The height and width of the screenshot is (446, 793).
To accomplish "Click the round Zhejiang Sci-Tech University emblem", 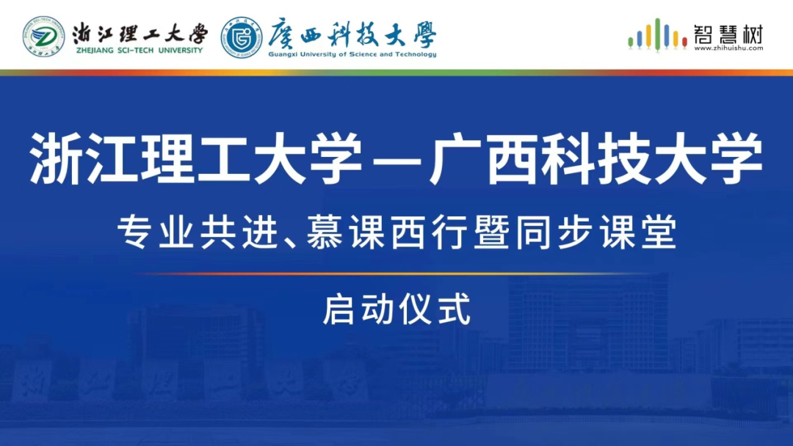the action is pos(43,37).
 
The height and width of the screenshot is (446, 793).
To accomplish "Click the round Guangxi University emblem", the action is pos(242,37).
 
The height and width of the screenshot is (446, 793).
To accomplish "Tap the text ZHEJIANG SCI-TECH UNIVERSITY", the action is pos(140,51).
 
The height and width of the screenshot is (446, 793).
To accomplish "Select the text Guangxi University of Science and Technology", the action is pos(352,54).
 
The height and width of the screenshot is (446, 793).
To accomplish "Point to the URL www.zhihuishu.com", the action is pos(728,48).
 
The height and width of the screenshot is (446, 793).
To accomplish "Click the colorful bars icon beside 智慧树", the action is pos(656,35).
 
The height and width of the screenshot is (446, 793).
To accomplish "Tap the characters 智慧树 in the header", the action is pos(728,34).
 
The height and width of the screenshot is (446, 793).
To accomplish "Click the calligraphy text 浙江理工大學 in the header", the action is pos(140,33).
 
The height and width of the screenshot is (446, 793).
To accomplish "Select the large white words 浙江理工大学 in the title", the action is pos(196,158).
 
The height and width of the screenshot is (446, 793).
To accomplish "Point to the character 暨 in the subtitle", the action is pos(491,232).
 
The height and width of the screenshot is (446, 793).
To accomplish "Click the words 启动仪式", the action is pos(397,309).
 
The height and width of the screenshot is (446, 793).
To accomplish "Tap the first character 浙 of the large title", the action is pos(56,158).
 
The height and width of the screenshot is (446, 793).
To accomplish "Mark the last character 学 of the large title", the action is pos(736,158).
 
